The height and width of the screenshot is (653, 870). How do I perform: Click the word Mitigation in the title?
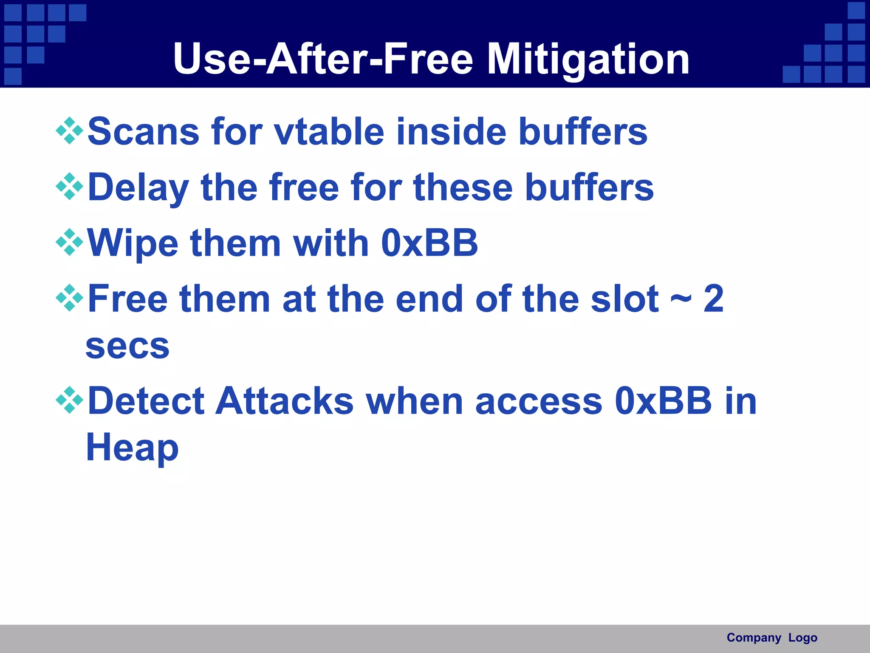click(x=588, y=60)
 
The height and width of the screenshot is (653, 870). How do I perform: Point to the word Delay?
click(x=138, y=187)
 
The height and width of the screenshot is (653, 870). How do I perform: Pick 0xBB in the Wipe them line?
click(x=429, y=243)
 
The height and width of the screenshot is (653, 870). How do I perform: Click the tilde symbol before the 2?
click(x=681, y=299)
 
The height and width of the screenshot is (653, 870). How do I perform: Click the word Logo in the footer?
click(x=802, y=638)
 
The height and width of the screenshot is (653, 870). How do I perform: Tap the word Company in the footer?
click(x=754, y=638)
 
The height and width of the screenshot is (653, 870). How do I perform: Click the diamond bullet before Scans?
click(x=69, y=131)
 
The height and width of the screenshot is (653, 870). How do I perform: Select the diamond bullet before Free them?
click(x=69, y=298)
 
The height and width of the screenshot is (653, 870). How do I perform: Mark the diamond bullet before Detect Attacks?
click(x=69, y=400)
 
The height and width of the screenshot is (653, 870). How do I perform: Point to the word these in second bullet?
click(x=463, y=187)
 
